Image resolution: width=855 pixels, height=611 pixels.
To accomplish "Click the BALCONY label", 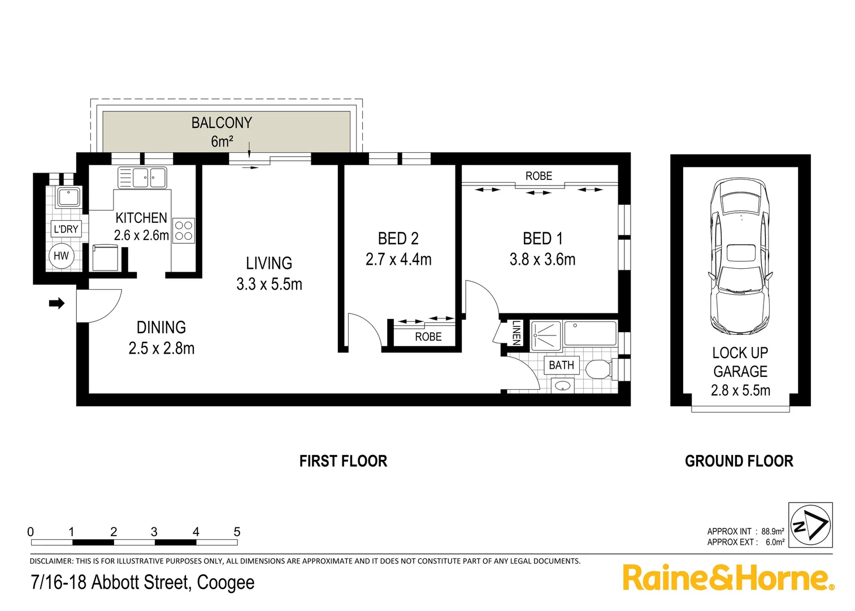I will pyautogui.click(x=222, y=123).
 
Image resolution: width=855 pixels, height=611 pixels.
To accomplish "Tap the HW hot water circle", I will pyautogui.click(x=61, y=256).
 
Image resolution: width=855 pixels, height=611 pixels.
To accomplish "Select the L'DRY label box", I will pyautogui.click(x=66, y=229).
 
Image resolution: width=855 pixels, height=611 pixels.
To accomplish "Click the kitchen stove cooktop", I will pyautogui.click(x=184, y=230).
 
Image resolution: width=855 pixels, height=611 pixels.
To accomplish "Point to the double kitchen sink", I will pyautogui.click(x=142, y=178).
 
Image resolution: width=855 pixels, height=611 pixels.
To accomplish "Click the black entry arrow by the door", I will pyautogui.click(x=57, y=304).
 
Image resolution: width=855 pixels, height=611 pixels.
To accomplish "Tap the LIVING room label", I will pyautogui.click(x=269, y=263).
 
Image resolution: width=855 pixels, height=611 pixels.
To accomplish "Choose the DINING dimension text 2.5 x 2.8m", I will pyautogui.click(x=162, y=348).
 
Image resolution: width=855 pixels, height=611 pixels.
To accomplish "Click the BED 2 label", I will pyautogui.click(x=398, y=239).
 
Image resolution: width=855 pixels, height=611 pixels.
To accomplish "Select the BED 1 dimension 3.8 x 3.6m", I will pyautogui.click(x=542, y=260).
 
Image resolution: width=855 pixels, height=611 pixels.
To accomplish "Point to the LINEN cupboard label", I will pyautogui.click(x=516, y=333).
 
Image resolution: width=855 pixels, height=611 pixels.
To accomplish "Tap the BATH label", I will pyautogui.click(x=561, y=365).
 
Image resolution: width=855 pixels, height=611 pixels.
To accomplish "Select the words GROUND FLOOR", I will pyautogui.click(x=739, y=462).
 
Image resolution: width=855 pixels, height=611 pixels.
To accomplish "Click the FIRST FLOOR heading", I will pyautogui.click(x=343, y=462).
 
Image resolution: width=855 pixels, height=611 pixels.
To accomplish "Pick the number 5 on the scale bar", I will pyautogui.click(x=237, y=532).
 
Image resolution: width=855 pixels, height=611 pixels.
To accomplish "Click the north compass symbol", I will pyautogui.click(x=810, y=524).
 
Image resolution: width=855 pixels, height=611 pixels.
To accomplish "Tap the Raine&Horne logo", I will pyautogui.click(x=728, y=578).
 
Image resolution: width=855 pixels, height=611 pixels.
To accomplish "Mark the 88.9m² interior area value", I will pyautogui.click(x=772, y=531).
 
